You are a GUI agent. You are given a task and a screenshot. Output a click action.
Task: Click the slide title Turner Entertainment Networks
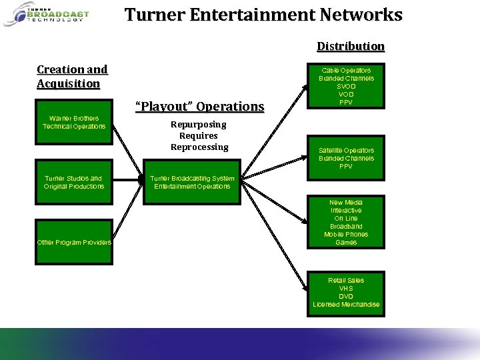pyautogui.click(x=263, y=15)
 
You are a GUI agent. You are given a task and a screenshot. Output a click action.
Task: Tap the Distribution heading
pyautogui.click(x=351, y=46)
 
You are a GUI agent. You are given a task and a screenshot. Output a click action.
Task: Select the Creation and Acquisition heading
pyautogui.click(x=72, y=77)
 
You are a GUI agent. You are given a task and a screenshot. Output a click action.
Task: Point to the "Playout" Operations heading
pyautogui.click(x=199, y=107)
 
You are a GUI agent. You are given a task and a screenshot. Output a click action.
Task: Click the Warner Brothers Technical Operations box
pyautogui.click(x=73, y=123)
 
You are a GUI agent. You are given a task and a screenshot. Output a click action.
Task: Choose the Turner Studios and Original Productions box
pyautogui.click(x=73, y=182)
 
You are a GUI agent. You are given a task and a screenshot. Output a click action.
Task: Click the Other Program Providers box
pyautogui.click(x=73, y=242)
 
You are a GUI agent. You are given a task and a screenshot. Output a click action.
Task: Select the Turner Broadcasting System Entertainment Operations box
pyautogui.click(x=192, y=182)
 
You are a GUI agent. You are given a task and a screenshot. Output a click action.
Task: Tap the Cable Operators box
pyautogui.click(x=346, y=86)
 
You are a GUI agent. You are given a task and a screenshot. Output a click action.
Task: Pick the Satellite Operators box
pyautogui.click(x=346, y=158)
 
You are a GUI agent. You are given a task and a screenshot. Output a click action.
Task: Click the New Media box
pyautogui.click(x=346, y=222)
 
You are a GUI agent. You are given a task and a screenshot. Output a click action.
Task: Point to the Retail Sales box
pyautogui.click(x=346, y=292)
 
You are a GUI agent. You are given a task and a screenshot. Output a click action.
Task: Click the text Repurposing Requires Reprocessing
pyautogui.click(x=199, y=135)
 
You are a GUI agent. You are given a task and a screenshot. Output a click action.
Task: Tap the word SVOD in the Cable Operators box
pyautogui.click(x=346, y=87)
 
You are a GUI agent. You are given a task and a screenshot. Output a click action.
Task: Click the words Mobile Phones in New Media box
pyautogui.click(x=346, y=235)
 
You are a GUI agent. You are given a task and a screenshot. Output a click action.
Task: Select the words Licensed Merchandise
pyautogui.click(x=346, y=305)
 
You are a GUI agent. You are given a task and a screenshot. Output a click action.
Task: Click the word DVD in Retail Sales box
pyautogui.click(x=346, y=297)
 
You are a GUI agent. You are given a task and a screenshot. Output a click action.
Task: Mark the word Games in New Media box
pyautogui.click(x=346, y=243)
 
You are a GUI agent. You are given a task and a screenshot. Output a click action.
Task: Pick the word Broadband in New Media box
pyautogui.click(x=346, y=227)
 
